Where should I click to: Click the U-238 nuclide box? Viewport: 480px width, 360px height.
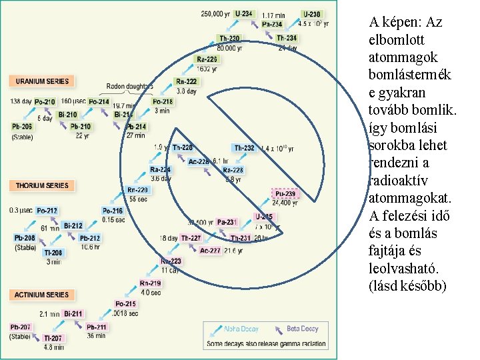coord(311,13)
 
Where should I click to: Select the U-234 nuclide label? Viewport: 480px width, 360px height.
coord(244,13)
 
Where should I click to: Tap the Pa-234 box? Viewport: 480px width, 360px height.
coord(272,25)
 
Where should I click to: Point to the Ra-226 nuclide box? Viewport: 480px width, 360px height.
coord(207,59)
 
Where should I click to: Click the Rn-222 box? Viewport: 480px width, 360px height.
coord(186,81)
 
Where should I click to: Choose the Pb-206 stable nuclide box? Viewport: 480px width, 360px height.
coord(22,127)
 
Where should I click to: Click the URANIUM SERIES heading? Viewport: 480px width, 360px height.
coord(41,81)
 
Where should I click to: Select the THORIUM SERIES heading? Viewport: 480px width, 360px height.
coord(41,185)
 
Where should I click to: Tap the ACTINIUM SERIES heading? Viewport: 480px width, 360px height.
coord(41,295)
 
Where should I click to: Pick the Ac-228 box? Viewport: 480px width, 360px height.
coord(199,161)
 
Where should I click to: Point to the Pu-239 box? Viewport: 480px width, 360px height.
coord(285,194)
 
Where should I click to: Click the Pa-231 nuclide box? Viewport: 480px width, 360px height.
coord(227,222)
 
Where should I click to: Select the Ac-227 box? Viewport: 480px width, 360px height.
coord(210,251)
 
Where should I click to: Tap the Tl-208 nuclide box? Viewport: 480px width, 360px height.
coord(53,253)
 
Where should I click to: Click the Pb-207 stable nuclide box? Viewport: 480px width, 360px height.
coord(21,327)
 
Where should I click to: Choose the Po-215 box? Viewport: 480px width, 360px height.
coord(125,304)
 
